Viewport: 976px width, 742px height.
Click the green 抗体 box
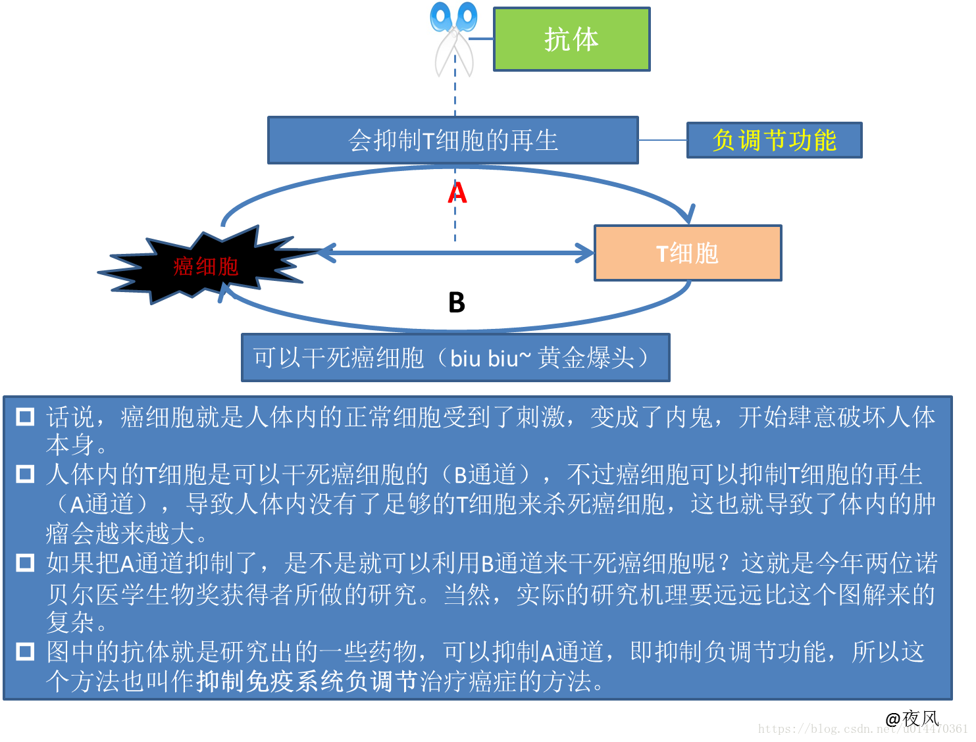coord(571,39)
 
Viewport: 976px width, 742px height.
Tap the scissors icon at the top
coord(453,39)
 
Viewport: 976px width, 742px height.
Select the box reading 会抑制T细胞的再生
coord(453,140)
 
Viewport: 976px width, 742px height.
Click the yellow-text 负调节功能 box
coord(774,140)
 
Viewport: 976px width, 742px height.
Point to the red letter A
coord(457,193)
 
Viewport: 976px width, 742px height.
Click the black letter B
coord(457,303)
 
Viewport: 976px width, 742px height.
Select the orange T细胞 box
coord(688,253)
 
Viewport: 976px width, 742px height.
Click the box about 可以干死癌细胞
coord(455,358)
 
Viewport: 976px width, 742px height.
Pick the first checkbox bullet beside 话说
coord(25,416)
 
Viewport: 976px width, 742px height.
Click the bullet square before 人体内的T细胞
coord(25,474)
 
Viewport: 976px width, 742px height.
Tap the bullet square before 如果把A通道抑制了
coord(25,563)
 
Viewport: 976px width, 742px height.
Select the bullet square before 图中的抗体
coord(25,652)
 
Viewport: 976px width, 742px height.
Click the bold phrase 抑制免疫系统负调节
coord(307,681)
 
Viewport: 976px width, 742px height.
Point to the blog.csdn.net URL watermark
coord(863,729)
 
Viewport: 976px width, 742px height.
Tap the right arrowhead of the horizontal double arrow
coord(585,253)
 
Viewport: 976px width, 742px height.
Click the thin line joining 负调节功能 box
coord(663,140)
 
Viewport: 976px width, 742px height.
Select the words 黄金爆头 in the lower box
coord(586,358)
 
